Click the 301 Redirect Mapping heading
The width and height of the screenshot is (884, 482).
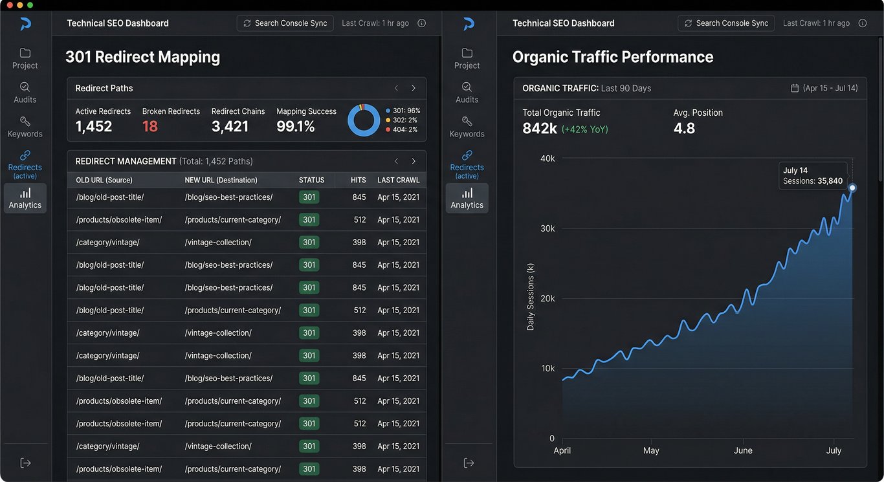(142, 57)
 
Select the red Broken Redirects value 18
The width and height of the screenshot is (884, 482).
(150, 126)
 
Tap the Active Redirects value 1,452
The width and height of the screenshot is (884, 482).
(94, 126)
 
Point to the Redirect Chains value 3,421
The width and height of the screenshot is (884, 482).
(230, 126)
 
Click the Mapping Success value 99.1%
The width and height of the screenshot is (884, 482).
(296, 126)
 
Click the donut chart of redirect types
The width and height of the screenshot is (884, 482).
(364, 120)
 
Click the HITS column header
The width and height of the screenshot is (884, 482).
(358, 180)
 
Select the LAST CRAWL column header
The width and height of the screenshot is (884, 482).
(398, 180)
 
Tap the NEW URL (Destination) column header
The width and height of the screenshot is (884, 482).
(221, 180)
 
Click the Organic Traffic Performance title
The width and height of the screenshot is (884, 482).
(612, 57)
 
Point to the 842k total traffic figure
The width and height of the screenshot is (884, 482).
(540, 128)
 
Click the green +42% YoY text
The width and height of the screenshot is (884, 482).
(585, 129)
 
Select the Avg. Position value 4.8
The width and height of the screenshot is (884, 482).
(684, 128)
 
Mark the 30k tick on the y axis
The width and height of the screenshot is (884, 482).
(547, 228)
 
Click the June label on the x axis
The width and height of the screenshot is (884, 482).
(743, 450)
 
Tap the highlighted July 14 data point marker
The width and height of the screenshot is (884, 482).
(852, 188)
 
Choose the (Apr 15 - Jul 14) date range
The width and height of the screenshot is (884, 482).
(830, 88)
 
